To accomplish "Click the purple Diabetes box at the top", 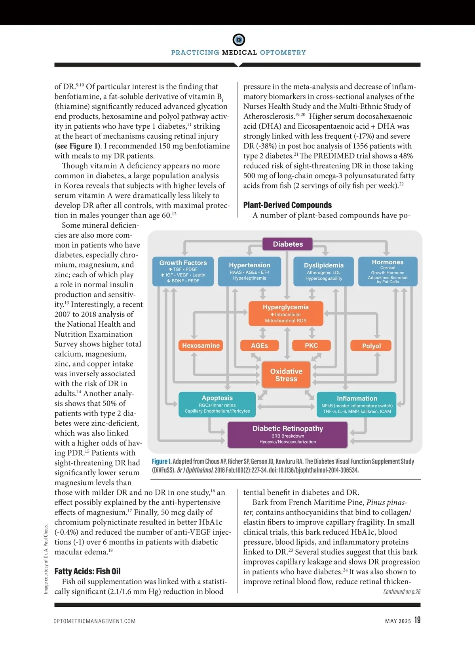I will (x=288, y=244).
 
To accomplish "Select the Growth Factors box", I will (x=183, y=271).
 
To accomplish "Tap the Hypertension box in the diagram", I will (x=249, y=271).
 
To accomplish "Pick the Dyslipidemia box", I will (x=324, y=271).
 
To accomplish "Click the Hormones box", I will (x=388, y=271).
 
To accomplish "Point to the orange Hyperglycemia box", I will (x=286, y=313).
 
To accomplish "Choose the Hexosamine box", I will (x=201, y=345).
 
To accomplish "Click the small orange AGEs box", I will (x=259, y=345).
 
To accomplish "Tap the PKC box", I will (x=311, y=345).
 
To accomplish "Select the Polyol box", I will (x=371, y=346).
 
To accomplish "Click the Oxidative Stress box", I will (x=286, y=375).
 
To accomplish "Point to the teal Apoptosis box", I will (x=217, y=404).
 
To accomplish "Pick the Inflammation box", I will (x=357, y=404).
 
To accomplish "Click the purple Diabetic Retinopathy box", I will (x=288, y=434).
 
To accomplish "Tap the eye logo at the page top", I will (x=239, y=40).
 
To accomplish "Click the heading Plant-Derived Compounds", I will (x=287, y=205).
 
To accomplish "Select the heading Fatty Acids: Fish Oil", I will (x=87, y=571).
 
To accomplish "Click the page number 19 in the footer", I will (x=417, y=620).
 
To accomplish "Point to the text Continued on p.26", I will (x=402, y=592).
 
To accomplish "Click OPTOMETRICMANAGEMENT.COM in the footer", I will (x=95, y=621).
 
